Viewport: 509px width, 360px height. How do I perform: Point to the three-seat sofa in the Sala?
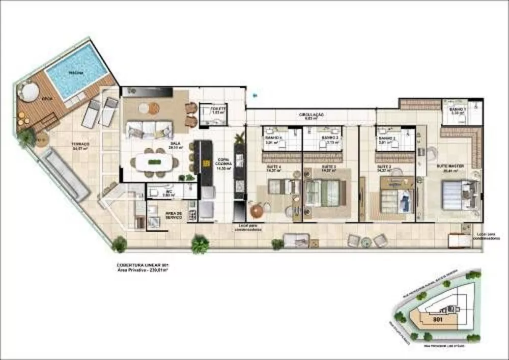tap(143, 129)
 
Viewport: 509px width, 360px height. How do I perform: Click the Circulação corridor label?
tap(312, 115)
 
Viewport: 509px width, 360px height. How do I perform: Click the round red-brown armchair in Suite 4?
tap(257, 209)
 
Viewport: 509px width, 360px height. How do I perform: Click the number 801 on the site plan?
tap(436, 320)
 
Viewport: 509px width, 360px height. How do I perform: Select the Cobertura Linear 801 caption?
tap(143, 265)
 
